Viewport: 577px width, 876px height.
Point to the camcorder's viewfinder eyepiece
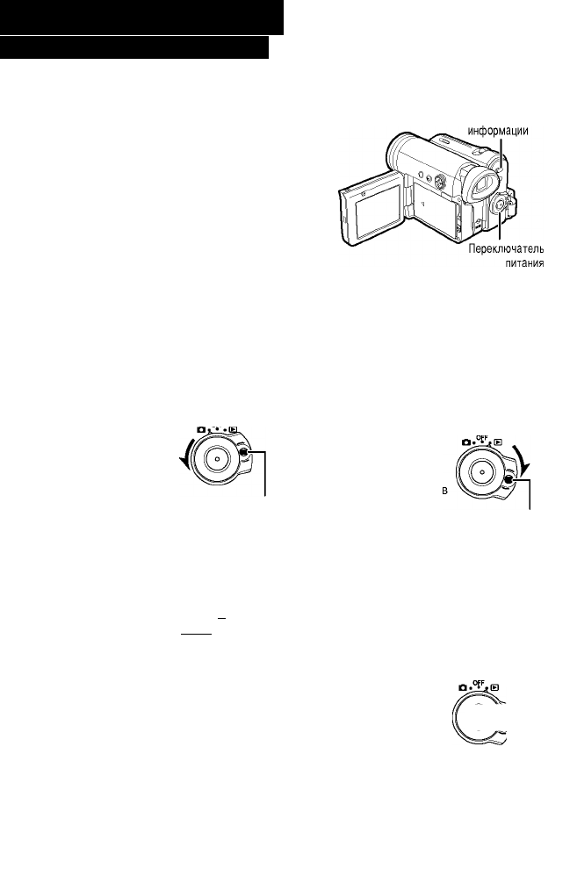tap(473, 189)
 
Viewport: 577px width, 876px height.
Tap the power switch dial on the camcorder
tap(498, 205)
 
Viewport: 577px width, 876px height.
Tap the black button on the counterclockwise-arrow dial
tap(249, 453)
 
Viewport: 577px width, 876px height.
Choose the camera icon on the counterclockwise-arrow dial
tap(199, 431)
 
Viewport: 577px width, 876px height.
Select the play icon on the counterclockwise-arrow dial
tap(236, 432)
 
